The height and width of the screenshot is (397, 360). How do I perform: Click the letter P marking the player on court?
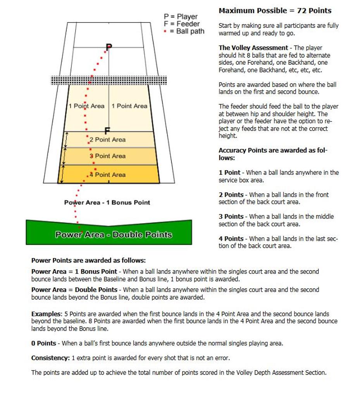coord(109,47)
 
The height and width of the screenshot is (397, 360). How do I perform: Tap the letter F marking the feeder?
coord(107,131)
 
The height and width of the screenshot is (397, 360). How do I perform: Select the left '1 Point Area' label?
coord(86,106)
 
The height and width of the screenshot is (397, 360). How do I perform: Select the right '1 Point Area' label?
coord(129,106)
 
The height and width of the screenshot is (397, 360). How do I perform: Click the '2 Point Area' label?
coord(108,140)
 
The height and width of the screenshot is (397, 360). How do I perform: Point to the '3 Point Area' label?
coord(108,156)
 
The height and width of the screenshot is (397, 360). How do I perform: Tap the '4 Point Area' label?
coord(108,174)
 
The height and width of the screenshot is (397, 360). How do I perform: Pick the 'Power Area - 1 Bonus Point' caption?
coord(107,202)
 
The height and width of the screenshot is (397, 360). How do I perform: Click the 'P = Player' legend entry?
coord(181,17)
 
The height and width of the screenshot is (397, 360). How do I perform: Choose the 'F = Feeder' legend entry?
coord(182,24)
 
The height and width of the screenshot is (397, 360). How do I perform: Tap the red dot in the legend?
coord(165,31)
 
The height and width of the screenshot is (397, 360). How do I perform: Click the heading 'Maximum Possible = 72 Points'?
coord(275,11)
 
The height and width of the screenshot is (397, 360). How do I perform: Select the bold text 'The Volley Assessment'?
coord(253,48)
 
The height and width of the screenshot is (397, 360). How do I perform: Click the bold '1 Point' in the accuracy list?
coord(229,173)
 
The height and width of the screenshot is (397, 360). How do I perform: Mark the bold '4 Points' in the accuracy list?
coord(231,239)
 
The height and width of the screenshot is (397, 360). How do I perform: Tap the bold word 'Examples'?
coord(46,314)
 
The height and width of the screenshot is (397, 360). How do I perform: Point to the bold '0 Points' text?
coord(44,343)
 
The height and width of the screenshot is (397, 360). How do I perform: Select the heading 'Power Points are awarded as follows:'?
coord(88,261)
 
